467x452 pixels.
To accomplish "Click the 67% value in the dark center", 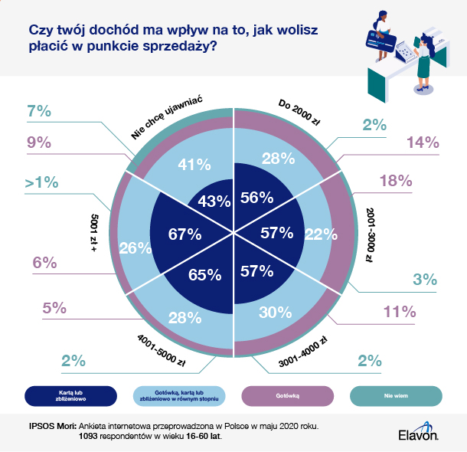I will [185, 233].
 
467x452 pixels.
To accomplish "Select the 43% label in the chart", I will [214, 201].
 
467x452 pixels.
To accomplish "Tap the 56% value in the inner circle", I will [256, 197].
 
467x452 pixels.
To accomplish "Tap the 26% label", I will [135, 248].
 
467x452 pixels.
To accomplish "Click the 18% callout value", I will [396, 181].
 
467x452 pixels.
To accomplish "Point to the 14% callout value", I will [423, 142].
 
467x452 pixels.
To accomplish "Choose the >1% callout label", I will [41, 184].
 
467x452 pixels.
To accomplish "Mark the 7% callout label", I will [38, 112].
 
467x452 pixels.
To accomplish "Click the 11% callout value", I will [400, 312].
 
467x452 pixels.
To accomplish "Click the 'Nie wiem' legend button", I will [397, 395].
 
